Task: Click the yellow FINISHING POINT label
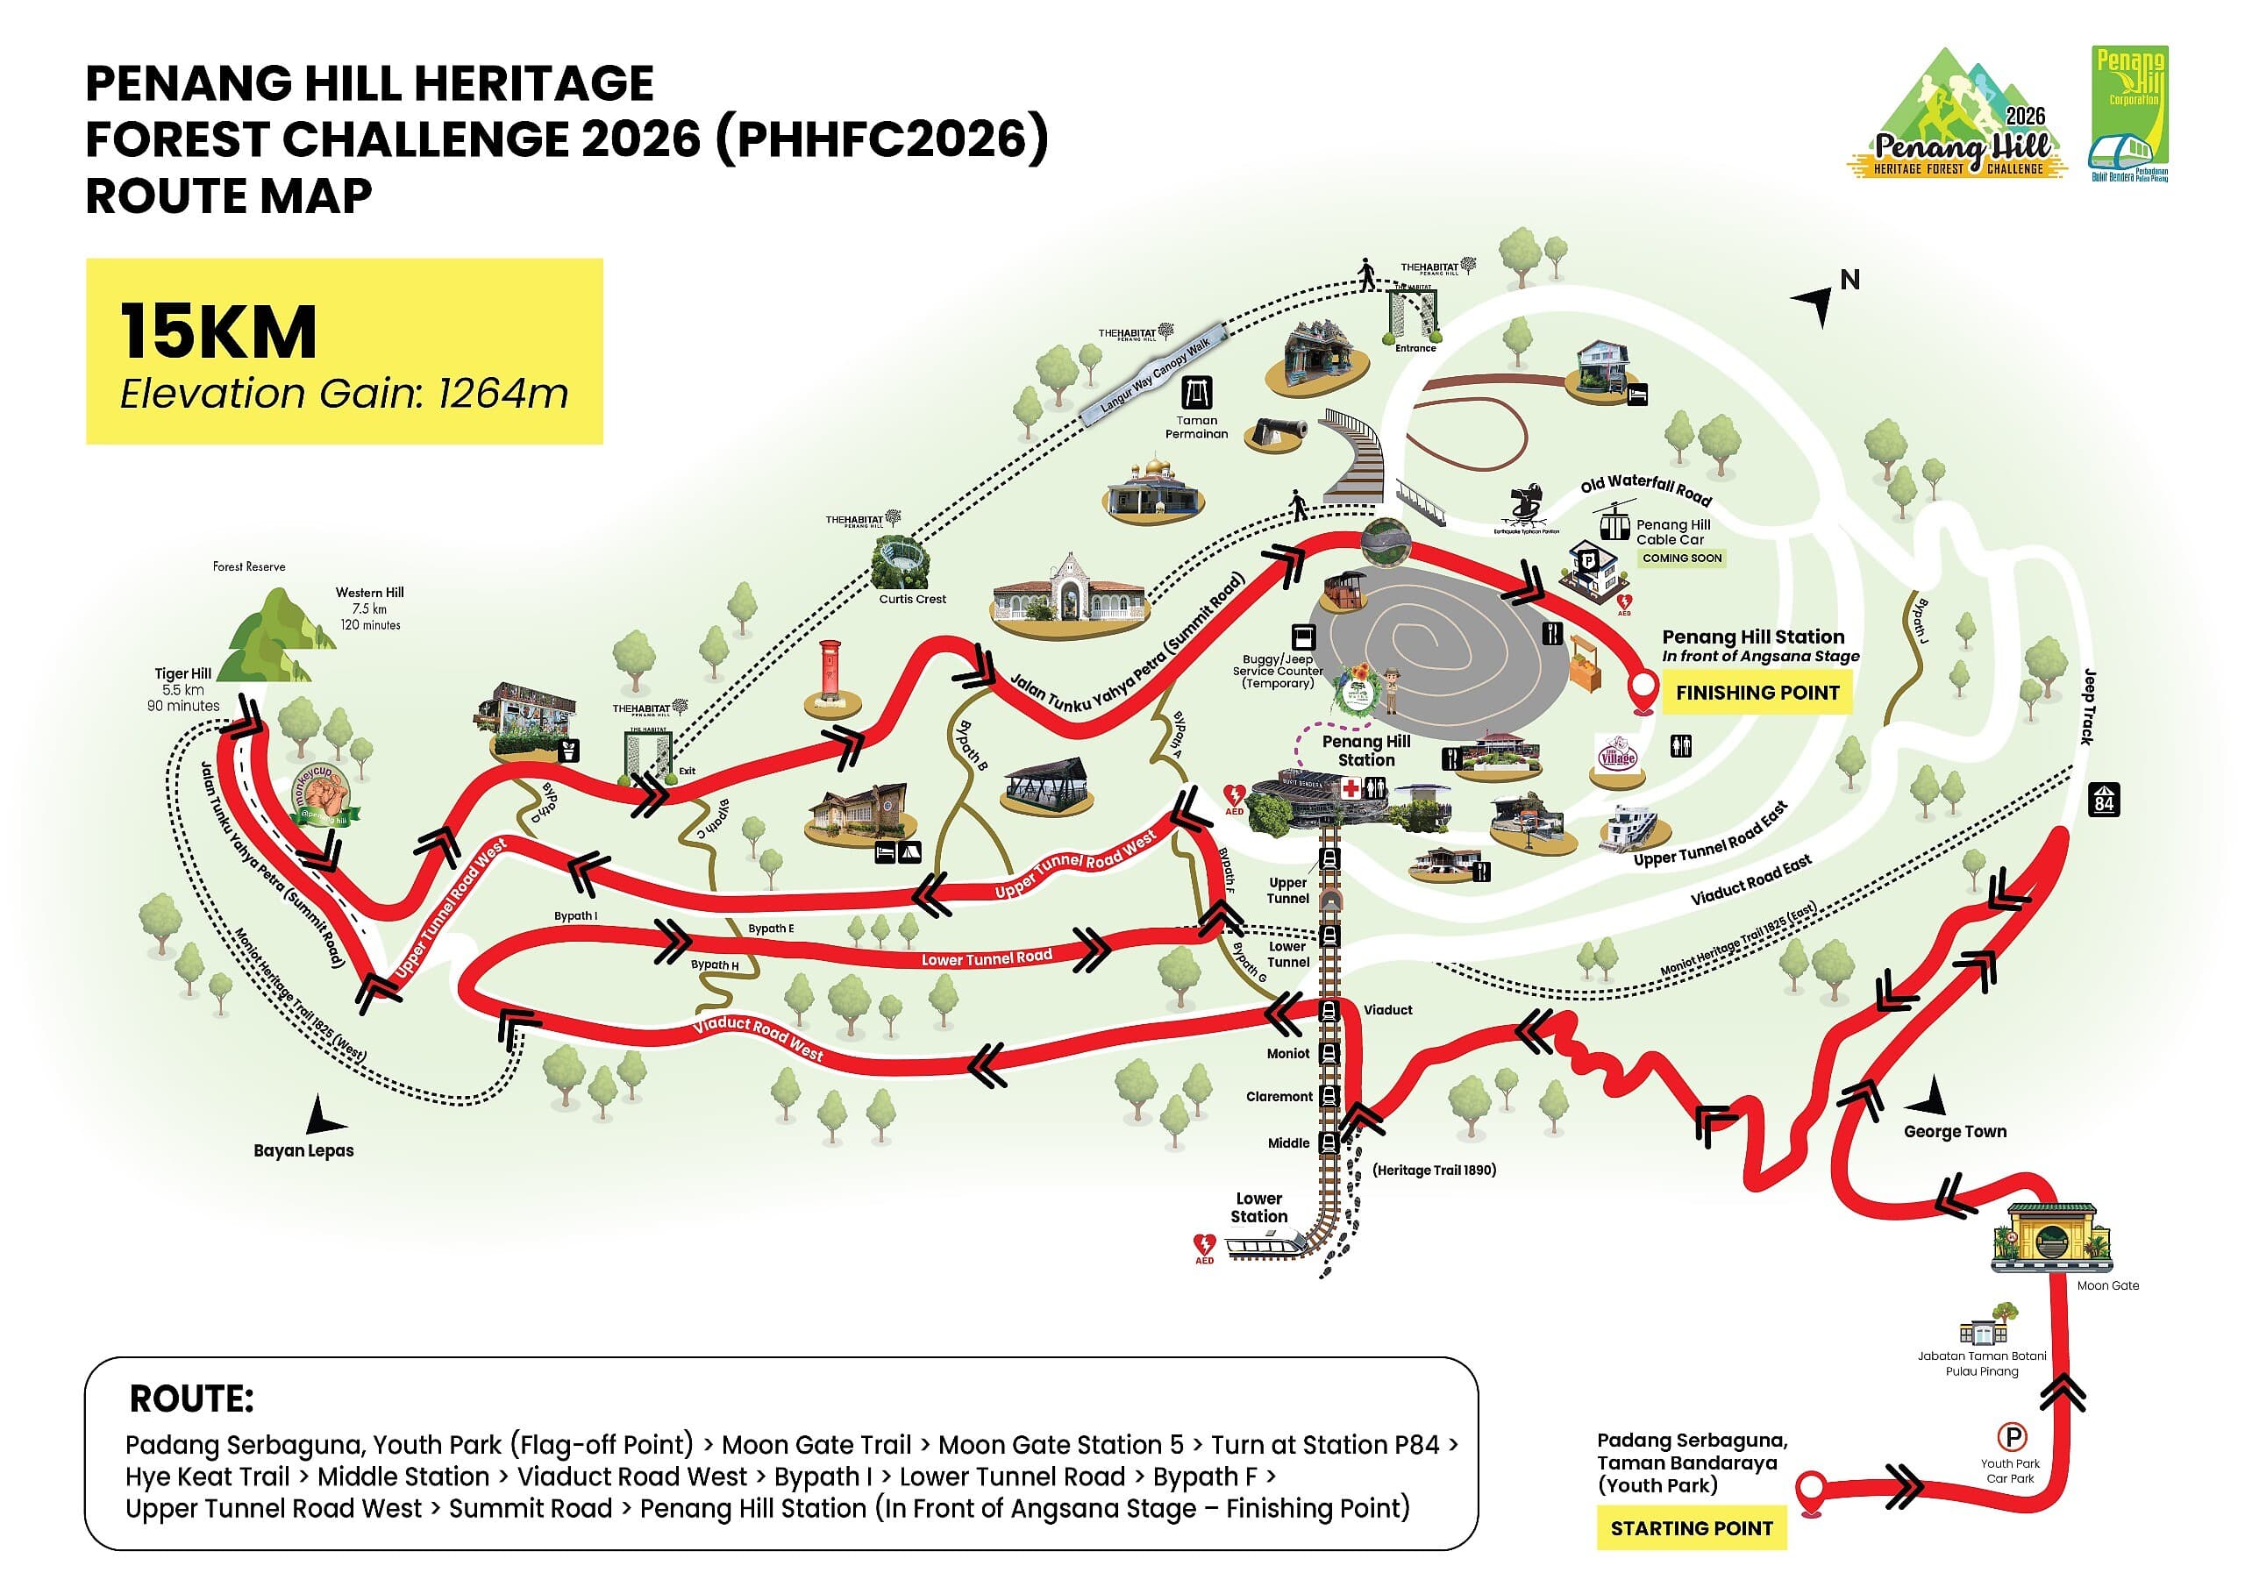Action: click(x=1757, y=693)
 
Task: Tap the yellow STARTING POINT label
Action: click(x=1691, y=1528)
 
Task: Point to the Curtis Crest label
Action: click(x=912, y=599)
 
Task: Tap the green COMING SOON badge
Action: click(x=1681, y=559)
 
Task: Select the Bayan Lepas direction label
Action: click(x=303, y=1149)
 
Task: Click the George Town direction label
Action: click(x=1955, y=1131)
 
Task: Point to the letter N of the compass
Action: click(x=1849, y=280)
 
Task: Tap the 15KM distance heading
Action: click(x=219, y=332)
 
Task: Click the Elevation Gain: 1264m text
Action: click(x=343, y=394)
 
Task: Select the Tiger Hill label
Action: click(x=183, y=673)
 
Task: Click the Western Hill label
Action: click(x=368, y=593)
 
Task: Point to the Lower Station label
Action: click(x=1258, y=1206)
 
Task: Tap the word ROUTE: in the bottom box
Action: click(x=192, y=1399)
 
